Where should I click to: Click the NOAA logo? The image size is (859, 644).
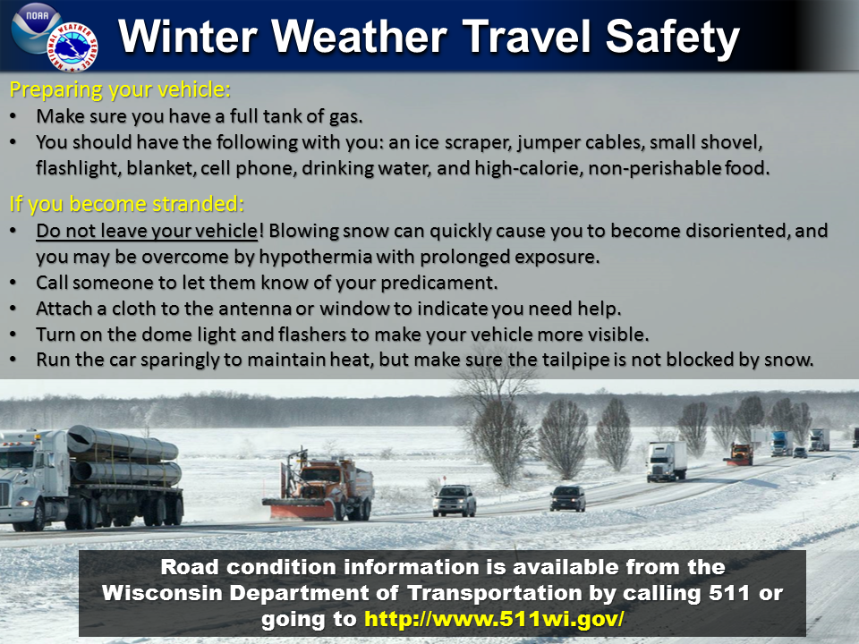click(x=36, y=28)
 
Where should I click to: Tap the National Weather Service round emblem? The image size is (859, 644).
click(x=72, y=47)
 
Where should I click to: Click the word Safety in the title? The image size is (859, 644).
click(x=672, y=38)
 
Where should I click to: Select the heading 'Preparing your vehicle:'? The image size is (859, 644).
click(x=120, y=89)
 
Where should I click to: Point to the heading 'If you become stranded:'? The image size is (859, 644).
click(x=126, y=204)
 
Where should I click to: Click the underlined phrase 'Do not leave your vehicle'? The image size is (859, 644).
click(x=146, y=231)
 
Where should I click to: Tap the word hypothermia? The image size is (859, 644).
click(x=315, y=257)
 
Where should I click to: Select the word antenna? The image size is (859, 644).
click(x=255, y=309)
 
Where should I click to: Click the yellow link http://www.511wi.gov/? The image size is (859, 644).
click(x=494, y=619)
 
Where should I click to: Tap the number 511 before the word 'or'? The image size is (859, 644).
click(x=732, y=592)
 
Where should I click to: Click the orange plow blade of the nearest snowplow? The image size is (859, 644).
click(x=299, y=509)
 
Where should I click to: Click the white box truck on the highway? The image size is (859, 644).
click(x=666, y=462)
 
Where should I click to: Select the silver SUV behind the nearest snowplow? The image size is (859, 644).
click(x=455, y=501)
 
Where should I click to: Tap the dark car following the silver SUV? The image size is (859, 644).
click(x=567, y=498)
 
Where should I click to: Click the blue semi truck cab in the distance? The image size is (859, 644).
click(x=779, y=443)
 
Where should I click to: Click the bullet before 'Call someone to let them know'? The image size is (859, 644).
click(x=13, y=283)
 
